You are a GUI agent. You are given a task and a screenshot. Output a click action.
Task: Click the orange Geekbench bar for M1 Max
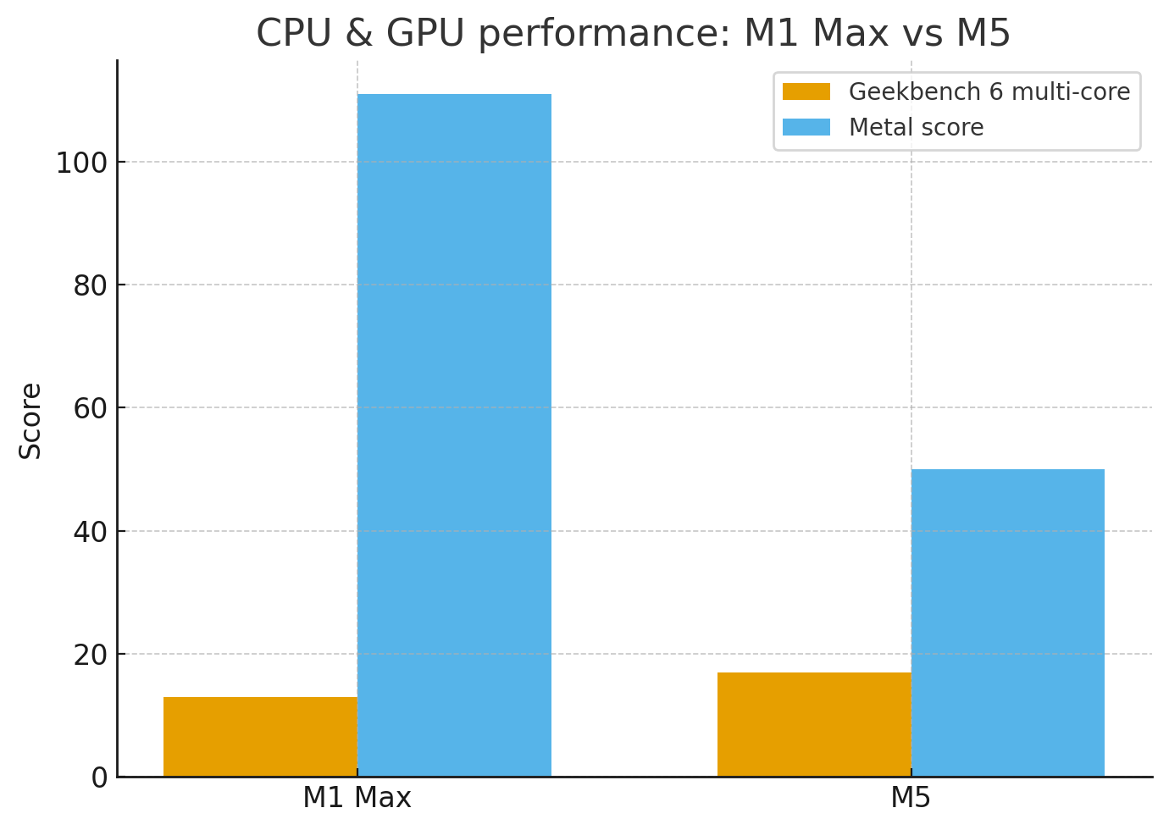pyautogui.click(x=260, y=736)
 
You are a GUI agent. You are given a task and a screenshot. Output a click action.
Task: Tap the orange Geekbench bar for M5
pyautogui.click(x=814, y=724)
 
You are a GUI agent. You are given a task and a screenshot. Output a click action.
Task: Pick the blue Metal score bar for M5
pyautogui.click(x=1007, y=622)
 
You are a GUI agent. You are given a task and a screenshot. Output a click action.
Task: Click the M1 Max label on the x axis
pyautogui.click(x=357, y=798)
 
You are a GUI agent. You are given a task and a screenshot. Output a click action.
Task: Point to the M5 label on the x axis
pyautogui.click(x=911, y=798)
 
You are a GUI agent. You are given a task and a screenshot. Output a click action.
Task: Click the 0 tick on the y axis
pyautogui.click(x=99, y=777)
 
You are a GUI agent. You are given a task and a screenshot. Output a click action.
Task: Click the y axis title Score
pyautogui.click(x=30, y=421)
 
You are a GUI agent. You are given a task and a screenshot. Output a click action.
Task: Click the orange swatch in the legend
pyautogui.click(x=806, y=91)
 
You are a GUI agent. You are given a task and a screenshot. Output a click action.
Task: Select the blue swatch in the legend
pyautogui.click(x=806, y=127)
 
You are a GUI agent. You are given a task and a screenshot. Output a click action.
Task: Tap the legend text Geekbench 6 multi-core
pyautogui.click(x=989, y=91)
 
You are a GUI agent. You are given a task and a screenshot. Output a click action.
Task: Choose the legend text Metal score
pyautogui.click(x=916, y=128)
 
